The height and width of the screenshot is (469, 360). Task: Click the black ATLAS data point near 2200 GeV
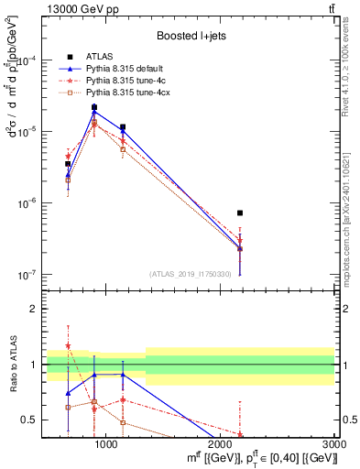click(240, 213)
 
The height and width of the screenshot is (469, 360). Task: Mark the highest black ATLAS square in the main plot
click(94, 107)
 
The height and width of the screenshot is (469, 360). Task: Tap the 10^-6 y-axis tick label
click(27, 203)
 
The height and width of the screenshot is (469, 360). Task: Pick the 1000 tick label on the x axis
click(106, 444)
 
